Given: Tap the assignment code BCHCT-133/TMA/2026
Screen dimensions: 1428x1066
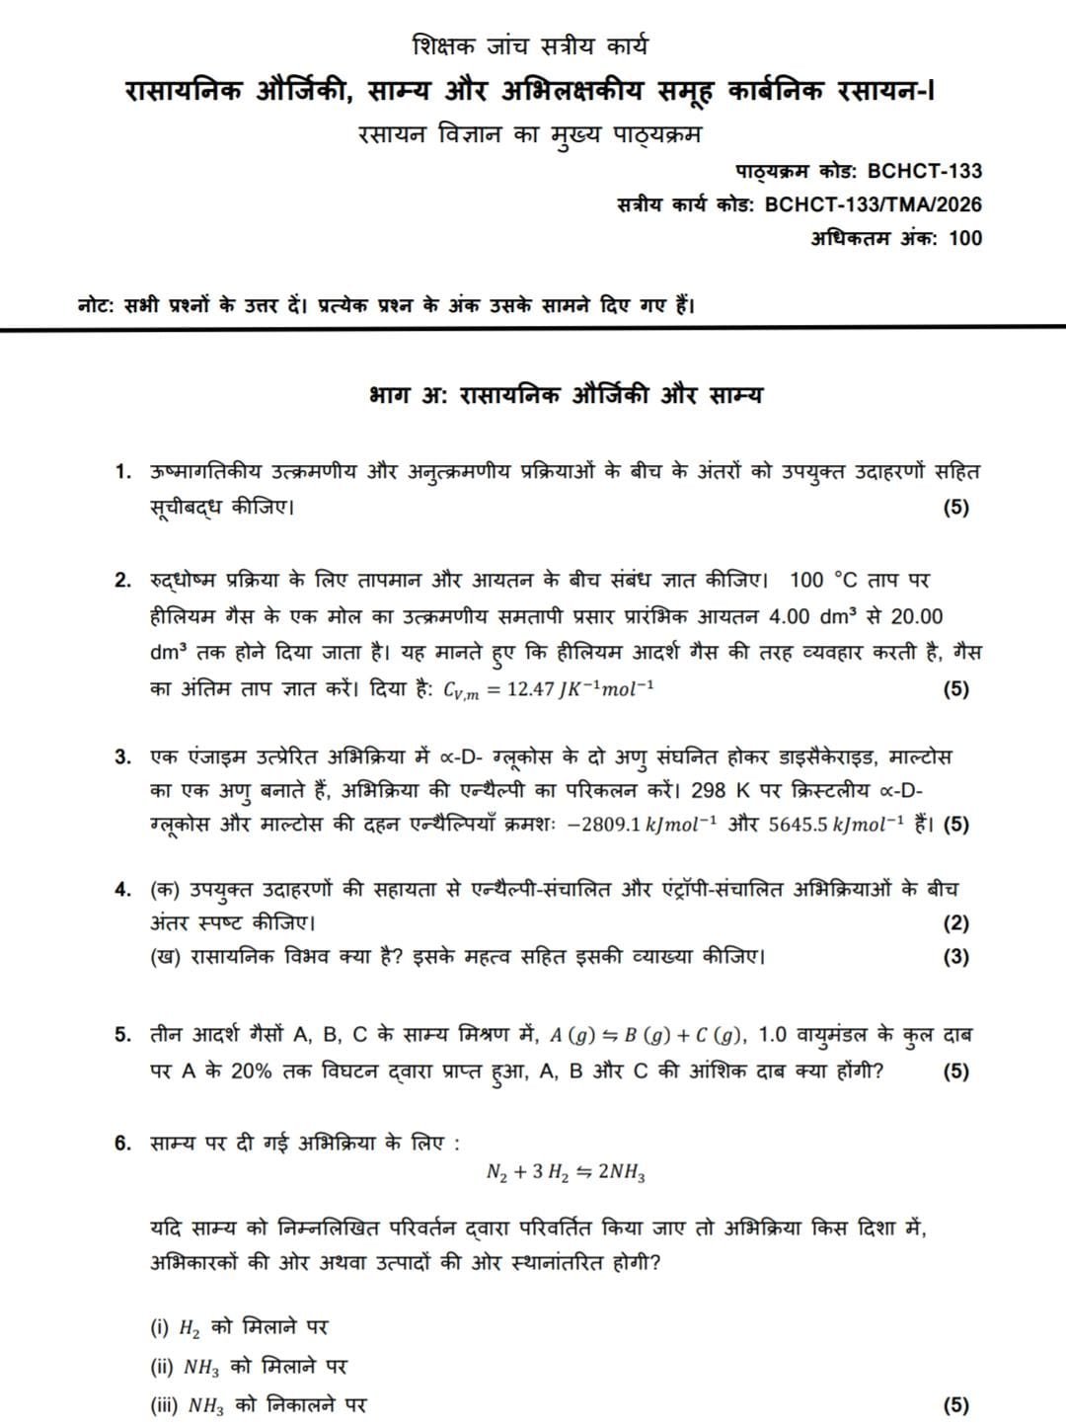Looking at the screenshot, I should (x=874, y=204).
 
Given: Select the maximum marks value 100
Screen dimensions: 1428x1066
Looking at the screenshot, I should (x=964, y=238).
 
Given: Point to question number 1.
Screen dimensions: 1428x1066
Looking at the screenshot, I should (x=122, y=472).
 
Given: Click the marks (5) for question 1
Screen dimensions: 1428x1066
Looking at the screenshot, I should (x=955, y=508).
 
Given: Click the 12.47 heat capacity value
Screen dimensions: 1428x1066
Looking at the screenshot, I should (x=531, y=689).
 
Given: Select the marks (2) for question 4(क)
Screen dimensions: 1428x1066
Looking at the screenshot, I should (x=955, y=923).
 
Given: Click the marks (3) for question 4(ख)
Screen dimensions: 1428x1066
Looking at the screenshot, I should (x=955, y=957).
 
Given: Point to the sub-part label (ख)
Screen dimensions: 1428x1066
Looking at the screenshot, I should (x=164, y=957).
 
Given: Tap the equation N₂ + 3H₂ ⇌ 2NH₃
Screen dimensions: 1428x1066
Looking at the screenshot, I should (x=567, y=1172).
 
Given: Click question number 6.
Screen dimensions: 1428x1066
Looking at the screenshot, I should (x=122, y=1144).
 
